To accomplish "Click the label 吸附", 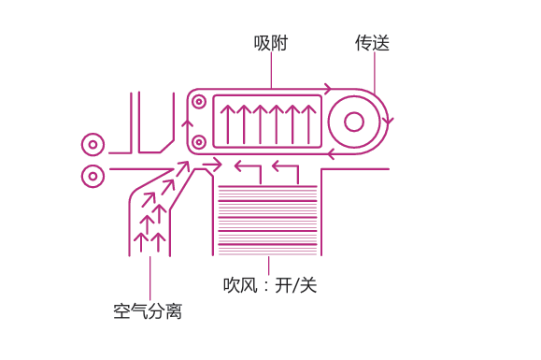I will tap(270, 43).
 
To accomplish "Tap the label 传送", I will tap(372, 43).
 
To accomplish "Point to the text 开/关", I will tap(296, 285).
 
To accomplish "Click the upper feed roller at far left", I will tap(93, 145).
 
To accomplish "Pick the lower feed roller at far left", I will tap(93, 175).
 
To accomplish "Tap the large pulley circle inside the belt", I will tap(354, 122).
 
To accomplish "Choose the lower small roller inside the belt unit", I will tap(198, 142).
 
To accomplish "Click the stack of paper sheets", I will tap(267, 221).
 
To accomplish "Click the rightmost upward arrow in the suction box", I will tap(310, 122).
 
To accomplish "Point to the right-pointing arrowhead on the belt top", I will tap(327, 90).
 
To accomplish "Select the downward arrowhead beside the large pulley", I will tap(389, 121).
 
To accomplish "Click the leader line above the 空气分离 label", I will tap(149, 276).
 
